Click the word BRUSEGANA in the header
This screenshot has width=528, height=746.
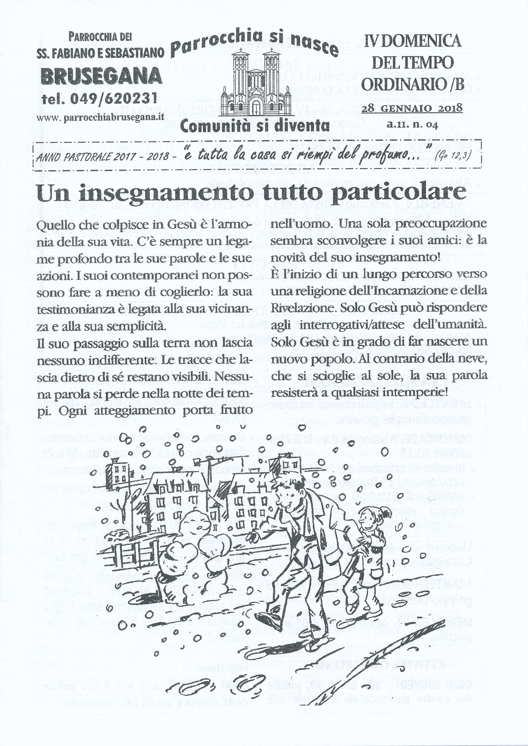click(102, 76)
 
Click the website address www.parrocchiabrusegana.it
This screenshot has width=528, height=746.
click(101, 117)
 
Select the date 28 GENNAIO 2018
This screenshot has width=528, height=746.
click(412, 107)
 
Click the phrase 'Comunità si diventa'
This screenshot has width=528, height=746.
click(255, 125)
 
